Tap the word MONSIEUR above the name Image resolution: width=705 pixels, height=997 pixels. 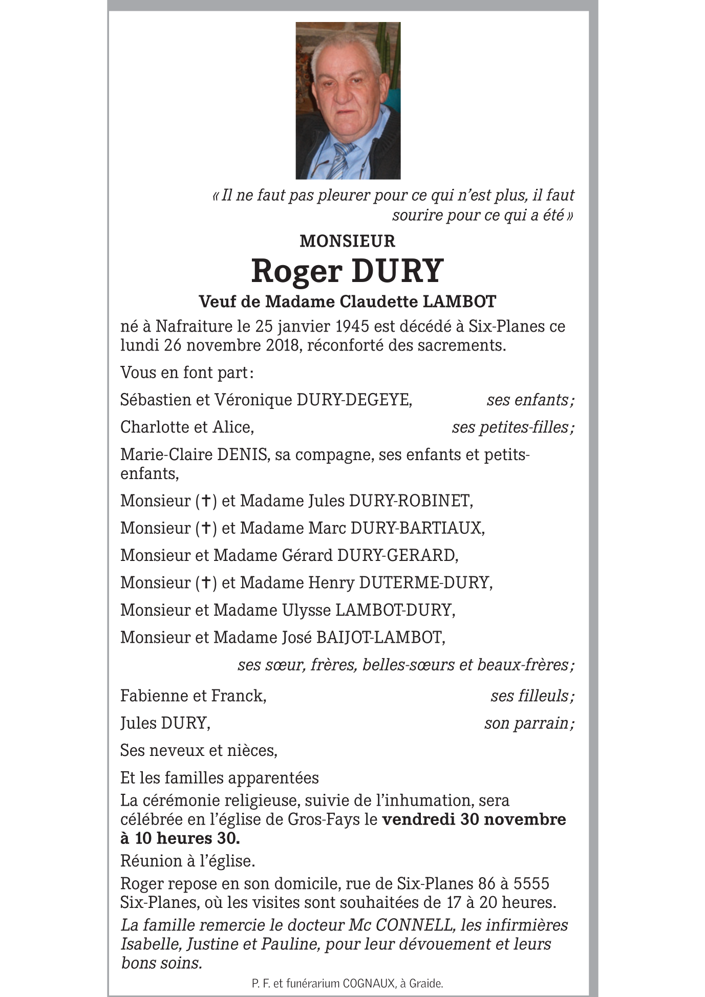(x=347, y=241)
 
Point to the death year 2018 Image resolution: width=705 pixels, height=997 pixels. (x=283, y=345)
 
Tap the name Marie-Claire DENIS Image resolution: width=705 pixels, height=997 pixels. (x=195, y=454)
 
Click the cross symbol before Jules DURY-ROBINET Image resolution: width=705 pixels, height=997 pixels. (x=206, y=501)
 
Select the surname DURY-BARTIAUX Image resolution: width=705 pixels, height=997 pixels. (x=417, y=528)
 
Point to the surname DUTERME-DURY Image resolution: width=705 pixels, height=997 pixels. (x=425, y=582)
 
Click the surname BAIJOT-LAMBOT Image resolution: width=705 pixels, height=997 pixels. (x=380, y=637)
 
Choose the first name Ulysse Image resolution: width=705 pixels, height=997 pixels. (x=306, y=610)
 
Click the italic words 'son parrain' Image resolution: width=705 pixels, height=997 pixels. (x=527, y=723)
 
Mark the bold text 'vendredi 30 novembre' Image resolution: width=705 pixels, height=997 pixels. (x=474, y=819)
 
